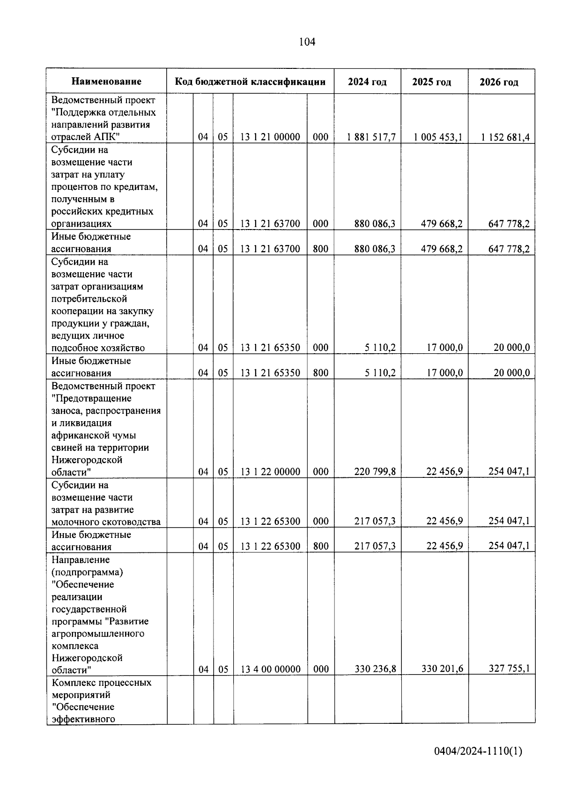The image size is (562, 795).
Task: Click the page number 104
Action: [307, 42]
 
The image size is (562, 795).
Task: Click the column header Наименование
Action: [106, 82]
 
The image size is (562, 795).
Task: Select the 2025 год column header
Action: [431, 82]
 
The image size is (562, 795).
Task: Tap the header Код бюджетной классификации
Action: [250, 82]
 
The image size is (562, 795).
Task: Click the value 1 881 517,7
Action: [371, 137]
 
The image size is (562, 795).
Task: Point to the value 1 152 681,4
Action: [505, 137]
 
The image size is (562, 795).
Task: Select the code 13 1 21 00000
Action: [270, 137]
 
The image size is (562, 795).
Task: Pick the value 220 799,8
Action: [375, 472]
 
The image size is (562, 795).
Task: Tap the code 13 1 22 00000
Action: [270, 472]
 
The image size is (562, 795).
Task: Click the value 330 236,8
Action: [375, 669]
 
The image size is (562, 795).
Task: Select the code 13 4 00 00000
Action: [270, 669]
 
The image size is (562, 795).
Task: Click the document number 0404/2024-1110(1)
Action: [478, 751]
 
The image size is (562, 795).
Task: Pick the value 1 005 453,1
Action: [438, 137]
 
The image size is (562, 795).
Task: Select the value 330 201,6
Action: [442, 669]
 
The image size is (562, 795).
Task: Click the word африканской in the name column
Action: [81, 436]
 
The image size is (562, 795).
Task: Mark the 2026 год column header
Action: [499, 82]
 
